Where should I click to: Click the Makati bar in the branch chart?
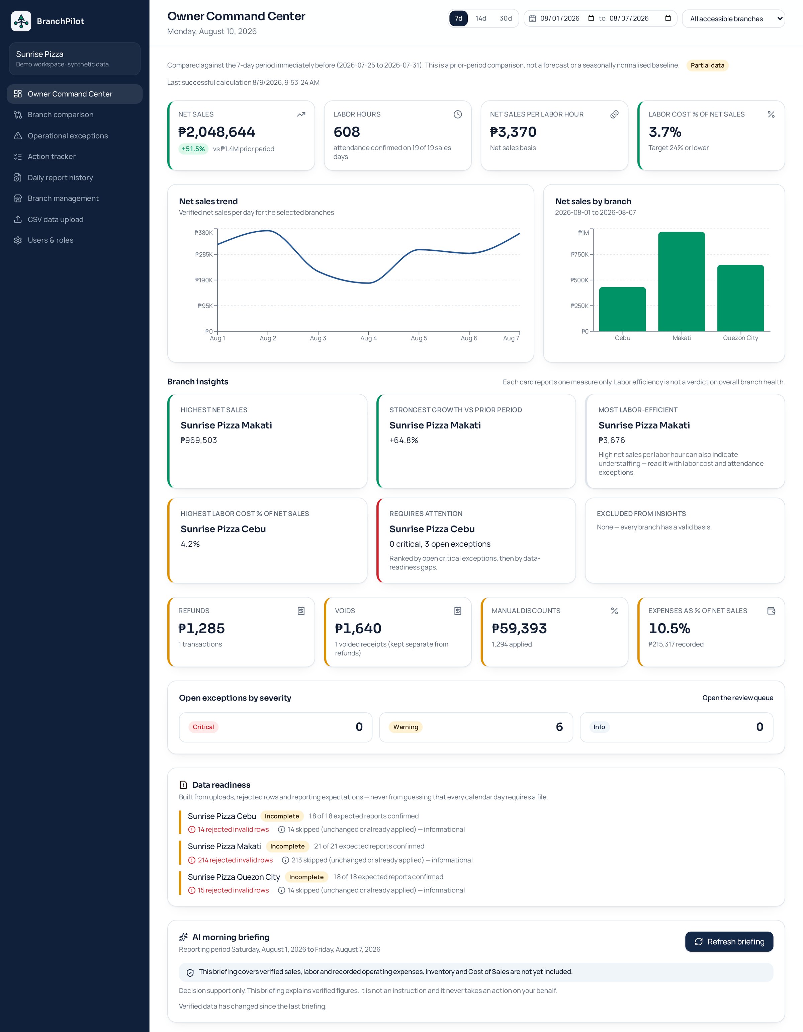[681, 281]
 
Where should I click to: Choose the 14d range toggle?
[481, 18]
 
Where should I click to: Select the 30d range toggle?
[506, 18]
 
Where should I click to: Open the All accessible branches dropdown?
[733, 18]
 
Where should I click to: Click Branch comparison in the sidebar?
[61, 115]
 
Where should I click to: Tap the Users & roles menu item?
[51, 240]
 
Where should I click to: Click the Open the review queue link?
[737, 698]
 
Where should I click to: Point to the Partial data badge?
[707, 66]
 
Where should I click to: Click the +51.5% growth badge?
[193, 149]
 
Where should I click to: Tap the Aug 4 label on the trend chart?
[368, 338]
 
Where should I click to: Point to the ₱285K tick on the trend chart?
[204, 254]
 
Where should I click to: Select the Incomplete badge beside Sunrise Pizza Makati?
[287, 846]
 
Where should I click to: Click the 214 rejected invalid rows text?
[235, 860]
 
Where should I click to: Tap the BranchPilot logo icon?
[21, 21]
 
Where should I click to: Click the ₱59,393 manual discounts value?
[519, 628]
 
